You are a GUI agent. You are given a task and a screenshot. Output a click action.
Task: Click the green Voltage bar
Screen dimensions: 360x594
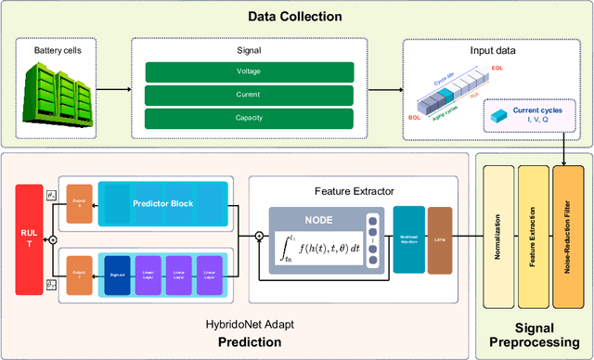pyautogui.click(x=248, y=71)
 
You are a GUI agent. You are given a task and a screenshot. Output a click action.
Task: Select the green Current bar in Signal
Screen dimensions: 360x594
pyautogui.click(x=248, y=94)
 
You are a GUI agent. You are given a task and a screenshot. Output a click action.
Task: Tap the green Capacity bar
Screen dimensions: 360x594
pyautogui.click(x=248, y=117)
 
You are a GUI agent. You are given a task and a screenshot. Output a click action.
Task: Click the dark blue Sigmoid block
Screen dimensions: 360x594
pyautogui.click(x=116, y=275)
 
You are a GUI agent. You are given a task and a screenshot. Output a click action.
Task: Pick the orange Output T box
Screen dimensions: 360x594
pyautogui.click(x=78, y=275)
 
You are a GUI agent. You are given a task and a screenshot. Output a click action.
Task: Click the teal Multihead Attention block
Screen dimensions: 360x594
pyautogui.click(x=408, y=238)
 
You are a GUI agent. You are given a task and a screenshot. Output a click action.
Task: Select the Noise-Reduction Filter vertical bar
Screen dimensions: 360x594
pyautogui.click(x=563, y=239)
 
